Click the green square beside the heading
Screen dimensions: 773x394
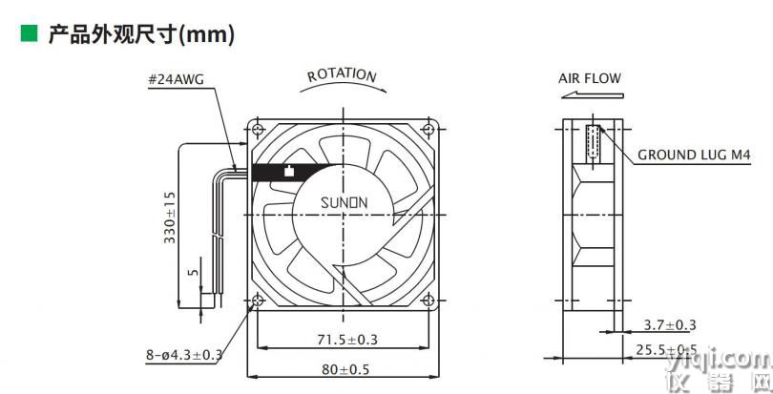[x=29, y=33]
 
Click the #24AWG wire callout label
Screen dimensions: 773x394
[x=176, y=80]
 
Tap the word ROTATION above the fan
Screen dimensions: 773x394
[x=343, y=75]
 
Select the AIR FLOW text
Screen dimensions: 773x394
[x=590, y=78]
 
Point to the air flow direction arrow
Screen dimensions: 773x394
[x=592, y=95]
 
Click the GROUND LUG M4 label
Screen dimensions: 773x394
[x=694, y=155]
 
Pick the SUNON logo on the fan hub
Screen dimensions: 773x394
[x=345, y=202]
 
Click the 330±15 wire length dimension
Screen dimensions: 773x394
[x=170, y=218]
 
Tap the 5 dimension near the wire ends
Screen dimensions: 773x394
[x=194, y=272]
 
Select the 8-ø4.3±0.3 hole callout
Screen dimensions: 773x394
[x=184, y=355]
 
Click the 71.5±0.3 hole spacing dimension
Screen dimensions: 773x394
[x=346, y=340]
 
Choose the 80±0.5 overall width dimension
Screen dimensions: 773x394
[x=345, y=369]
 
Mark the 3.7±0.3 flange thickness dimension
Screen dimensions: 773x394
[x=670, y=325]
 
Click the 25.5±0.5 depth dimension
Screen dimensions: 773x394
[x=666, y=350]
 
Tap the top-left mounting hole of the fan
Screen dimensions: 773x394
[x=258, y=130]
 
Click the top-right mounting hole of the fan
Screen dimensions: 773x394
[x=428, y=130]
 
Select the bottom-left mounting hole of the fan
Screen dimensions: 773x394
[x=258, y=300]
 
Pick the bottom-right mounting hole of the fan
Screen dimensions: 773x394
[x=428, y=300]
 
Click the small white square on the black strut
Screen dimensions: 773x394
[x=289, y=172]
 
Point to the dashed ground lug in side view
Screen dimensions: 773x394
[x=593, y=142]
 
